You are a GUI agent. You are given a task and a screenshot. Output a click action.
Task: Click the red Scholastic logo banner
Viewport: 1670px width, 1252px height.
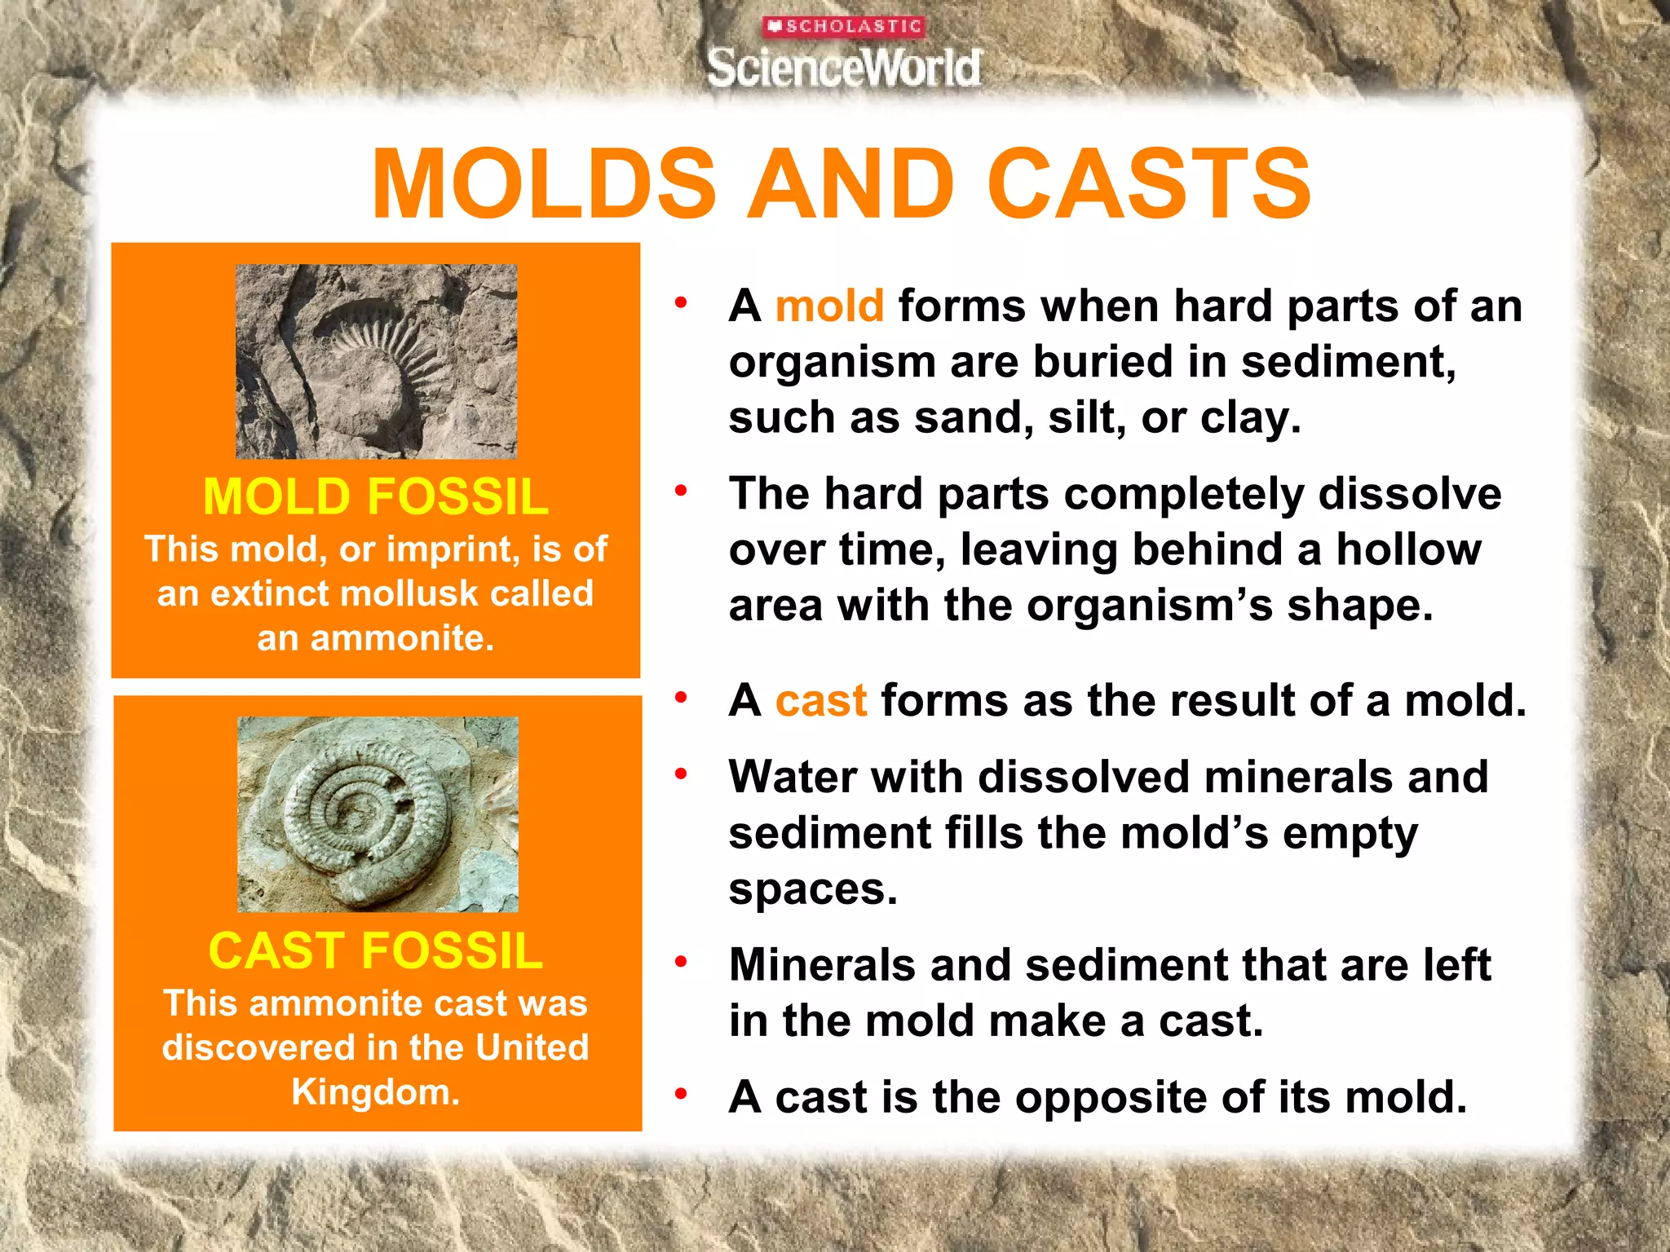843,27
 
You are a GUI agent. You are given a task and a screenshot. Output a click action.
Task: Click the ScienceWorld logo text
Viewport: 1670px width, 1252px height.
843,68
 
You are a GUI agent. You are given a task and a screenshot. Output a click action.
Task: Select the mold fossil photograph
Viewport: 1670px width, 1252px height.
376,361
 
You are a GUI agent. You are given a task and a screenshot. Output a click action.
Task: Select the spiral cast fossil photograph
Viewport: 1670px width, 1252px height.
378,813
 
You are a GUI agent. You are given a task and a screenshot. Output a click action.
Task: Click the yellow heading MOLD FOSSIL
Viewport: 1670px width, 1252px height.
376,496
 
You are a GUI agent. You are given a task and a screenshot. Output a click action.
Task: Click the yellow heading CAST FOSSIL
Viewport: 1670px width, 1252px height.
376,950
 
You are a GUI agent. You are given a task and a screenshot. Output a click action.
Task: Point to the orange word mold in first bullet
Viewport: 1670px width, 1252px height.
829,306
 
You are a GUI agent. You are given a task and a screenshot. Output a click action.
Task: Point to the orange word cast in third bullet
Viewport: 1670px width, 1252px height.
820,701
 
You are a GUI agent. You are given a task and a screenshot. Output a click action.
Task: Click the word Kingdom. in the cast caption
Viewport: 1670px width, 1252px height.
376,1092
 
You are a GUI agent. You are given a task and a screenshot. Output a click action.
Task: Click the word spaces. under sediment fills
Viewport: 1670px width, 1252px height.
812,889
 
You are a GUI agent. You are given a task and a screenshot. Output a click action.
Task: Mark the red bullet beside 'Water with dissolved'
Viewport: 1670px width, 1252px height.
681,773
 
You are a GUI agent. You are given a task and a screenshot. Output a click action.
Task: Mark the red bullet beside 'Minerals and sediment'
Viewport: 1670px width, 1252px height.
681,962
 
